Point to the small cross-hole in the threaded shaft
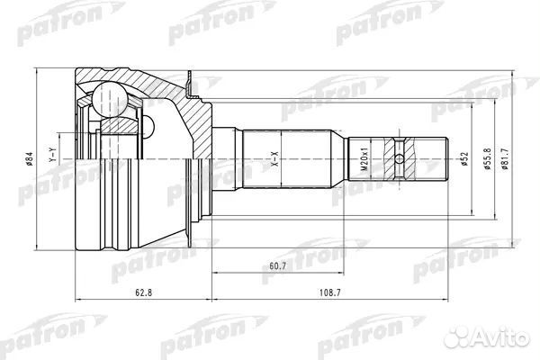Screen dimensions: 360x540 [x=399, y=161]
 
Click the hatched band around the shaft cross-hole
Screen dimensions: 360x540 [x=399, y=144]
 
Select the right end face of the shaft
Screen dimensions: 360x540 [x=447, y=161]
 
